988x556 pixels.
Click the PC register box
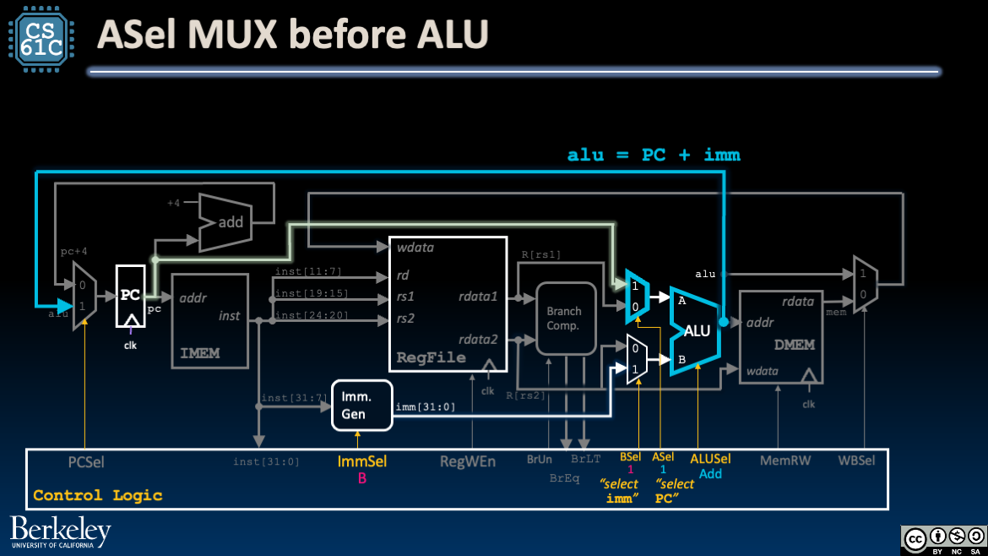130,296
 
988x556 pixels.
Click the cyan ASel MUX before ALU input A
637,297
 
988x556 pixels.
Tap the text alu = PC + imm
654,155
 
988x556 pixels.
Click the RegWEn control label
467,461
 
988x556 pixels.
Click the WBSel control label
856,461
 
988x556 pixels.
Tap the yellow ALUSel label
710,459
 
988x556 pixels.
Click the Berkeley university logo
61,532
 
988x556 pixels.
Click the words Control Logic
97,495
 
